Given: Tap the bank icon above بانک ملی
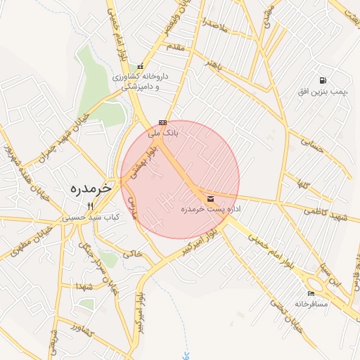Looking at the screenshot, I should (x=162, y=122).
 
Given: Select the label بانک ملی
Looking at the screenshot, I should (x=165, y=131).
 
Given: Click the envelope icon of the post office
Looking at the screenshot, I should (x=211, y=199).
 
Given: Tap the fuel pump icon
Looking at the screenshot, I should (x=322, y=81).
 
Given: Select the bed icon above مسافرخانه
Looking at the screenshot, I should (x=311, y=293).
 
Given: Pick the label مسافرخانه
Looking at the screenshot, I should (x=312, y=304).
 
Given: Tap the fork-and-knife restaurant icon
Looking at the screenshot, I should (x=89, y=205).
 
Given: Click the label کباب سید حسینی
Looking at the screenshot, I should (x=89, y=217).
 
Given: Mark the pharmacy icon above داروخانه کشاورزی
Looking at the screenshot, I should (x=140, y=66).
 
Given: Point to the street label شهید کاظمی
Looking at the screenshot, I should (x=326, y=214).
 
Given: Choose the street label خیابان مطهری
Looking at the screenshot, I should (x=28, y=240).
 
